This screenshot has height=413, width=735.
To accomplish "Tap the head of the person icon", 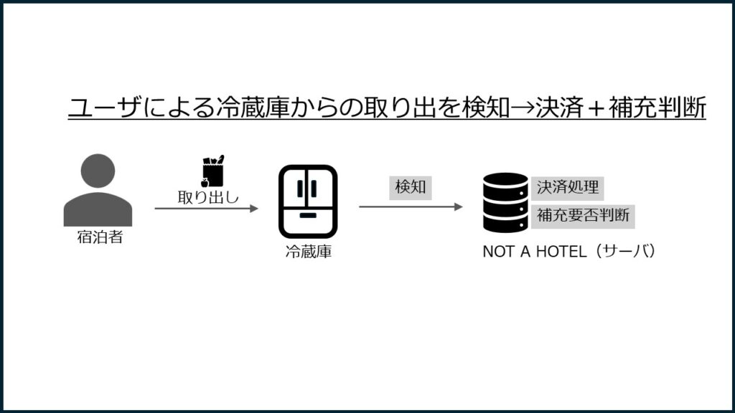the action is coord(98,171).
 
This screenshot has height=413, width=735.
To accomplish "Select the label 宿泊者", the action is coord(100,237).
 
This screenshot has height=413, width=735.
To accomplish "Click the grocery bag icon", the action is coord(212,171).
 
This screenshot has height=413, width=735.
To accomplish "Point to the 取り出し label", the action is coord(208,197).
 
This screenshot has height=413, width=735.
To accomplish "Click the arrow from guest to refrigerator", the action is coord(207,209).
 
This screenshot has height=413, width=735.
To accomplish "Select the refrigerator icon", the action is coord(308,201).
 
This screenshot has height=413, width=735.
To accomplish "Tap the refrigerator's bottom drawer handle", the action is coord(308,216).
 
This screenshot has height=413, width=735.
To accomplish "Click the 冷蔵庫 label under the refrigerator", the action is coord(309,252).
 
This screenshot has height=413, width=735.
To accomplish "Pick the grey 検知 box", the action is coord(410,187).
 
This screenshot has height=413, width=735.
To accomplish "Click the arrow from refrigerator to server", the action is coord(411,206).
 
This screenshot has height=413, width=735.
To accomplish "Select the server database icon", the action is coord(505,203).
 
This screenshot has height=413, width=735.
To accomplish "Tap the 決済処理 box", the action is coord(568,188).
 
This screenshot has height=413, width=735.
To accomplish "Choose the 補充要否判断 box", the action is coord(583,216).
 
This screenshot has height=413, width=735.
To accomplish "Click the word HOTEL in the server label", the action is coord(561,252).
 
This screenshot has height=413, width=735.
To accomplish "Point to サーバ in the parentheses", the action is coord(626,252).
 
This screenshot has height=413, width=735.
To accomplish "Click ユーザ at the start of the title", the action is coord(105,108).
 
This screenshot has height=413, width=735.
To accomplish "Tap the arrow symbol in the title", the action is coord(523,108).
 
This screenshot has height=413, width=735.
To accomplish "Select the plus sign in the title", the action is coord(596,108).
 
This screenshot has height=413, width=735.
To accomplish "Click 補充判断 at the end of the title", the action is coord(657,108).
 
